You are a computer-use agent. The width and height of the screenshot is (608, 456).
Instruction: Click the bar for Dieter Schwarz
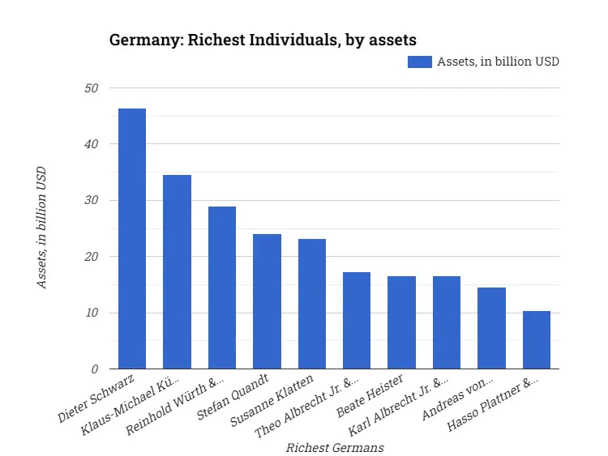click(x=132, y=239)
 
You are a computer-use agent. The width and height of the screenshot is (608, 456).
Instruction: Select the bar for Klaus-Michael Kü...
click(x=177, y=272)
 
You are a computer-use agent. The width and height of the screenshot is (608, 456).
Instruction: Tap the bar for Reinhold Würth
click(x=222, y=288)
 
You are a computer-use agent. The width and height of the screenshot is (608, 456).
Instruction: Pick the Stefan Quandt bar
click(x=267, y=301)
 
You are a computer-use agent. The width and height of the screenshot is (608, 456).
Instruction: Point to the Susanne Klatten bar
click(x=312, y=304)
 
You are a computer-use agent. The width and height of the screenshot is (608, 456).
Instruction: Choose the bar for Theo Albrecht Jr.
click(x=357, y=321)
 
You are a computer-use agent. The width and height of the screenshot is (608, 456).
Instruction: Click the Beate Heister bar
click(x=401, y=322)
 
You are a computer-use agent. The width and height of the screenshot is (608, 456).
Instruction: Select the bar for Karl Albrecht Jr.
click(x=447, y=322)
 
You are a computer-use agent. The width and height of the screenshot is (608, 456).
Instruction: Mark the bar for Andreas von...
click(x=491, y=328)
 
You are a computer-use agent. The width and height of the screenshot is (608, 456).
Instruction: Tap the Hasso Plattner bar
click(x=537, y=340)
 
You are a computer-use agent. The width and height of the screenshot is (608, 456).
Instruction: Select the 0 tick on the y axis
click(x=95, y=369)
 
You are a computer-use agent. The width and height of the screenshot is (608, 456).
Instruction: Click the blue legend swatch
click(x=420, y=62)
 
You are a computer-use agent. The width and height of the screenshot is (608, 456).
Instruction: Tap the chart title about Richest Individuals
click(x=263, y=40)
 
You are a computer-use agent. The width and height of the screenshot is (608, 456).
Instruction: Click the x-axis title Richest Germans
click(x=335, y=447)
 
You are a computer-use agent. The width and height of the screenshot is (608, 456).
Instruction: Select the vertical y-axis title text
click(x=41, y=228)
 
